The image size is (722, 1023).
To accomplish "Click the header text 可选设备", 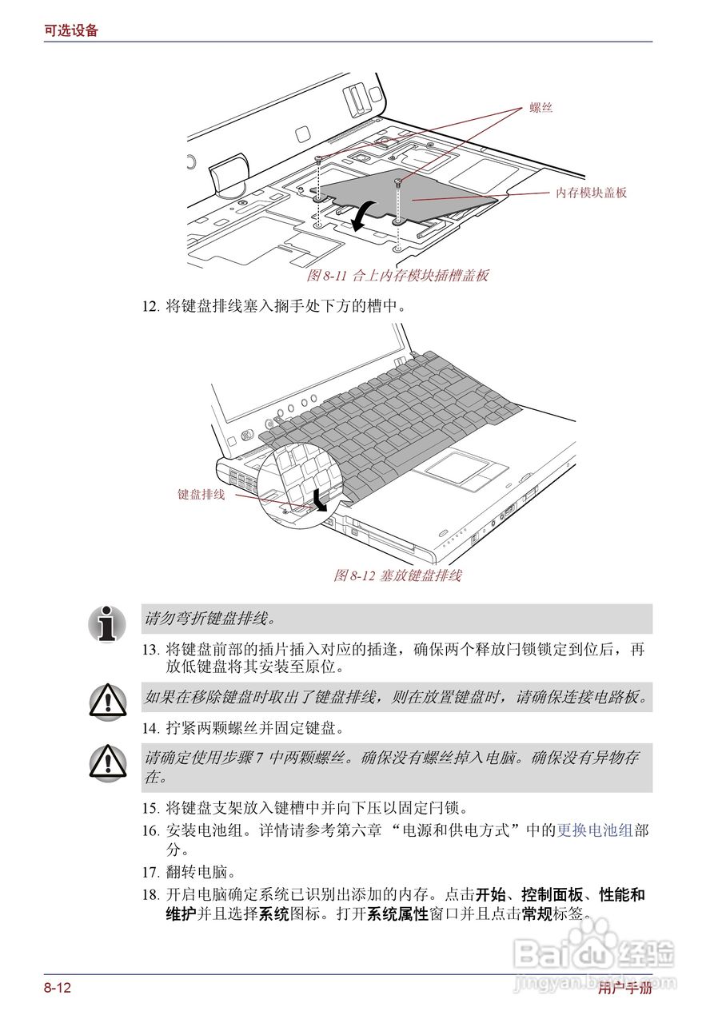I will coord(71,30).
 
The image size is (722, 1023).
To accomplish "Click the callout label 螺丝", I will coord(541,107).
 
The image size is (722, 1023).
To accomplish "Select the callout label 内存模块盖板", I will coord(591,193).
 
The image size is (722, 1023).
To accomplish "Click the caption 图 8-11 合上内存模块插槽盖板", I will coord(397,276).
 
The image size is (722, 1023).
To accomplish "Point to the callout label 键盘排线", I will coord(201,494).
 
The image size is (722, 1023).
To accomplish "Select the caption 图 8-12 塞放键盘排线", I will coord(397,575).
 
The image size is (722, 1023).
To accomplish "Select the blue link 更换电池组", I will coord(595,830).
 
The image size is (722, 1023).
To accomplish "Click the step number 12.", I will coord(150,305).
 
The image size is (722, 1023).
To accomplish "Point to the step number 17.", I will coord(150,872).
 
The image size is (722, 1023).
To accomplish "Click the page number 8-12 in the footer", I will coord(58,989).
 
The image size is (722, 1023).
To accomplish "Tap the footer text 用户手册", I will coord(624,989).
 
